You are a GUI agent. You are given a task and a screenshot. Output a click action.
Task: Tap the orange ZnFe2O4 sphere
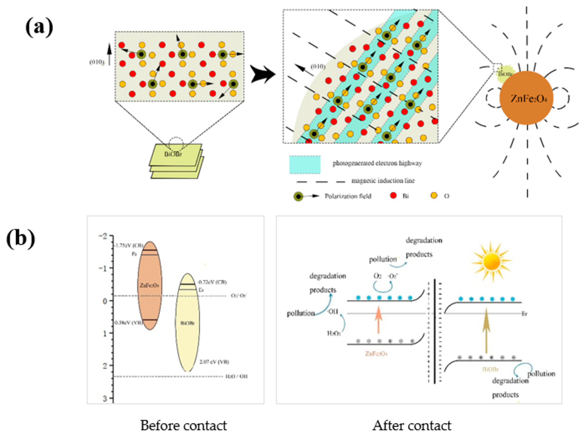(526, 98)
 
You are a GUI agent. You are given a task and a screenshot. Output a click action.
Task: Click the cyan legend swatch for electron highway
(305, 164)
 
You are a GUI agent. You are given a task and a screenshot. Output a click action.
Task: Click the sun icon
(492, 262)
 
